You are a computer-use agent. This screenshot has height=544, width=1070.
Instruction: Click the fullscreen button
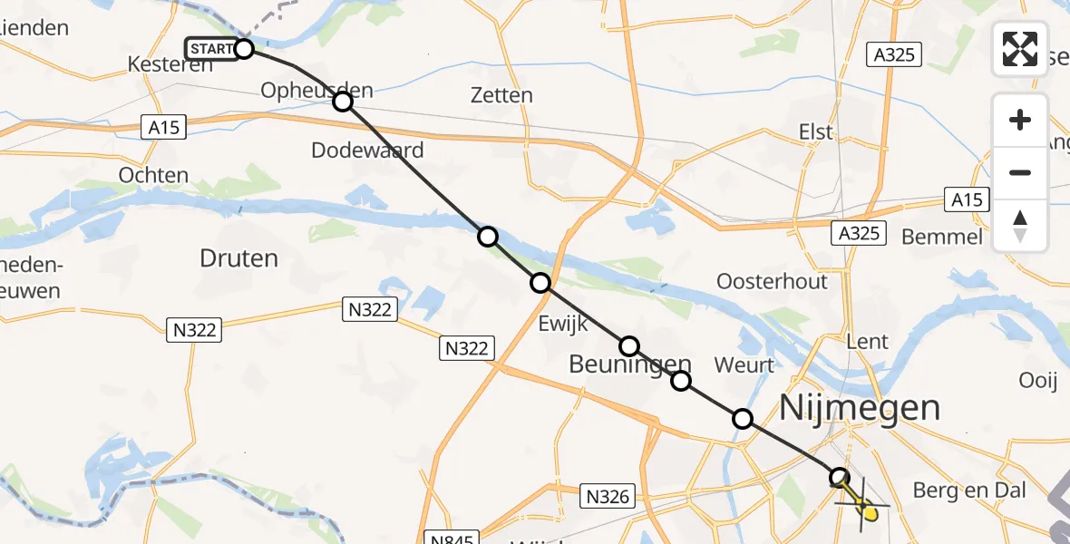pos(1020,48)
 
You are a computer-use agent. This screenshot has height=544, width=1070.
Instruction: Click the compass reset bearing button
pos(1020,226)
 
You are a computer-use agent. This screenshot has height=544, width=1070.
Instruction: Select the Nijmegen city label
pos(860,407)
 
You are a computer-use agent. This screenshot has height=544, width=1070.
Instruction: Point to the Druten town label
pos(238,258)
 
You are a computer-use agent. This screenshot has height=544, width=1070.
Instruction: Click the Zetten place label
pos(502,95)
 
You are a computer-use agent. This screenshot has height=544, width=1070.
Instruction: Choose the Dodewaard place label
pos(367,150)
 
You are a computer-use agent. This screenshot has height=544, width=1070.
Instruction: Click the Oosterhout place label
pos(772,281)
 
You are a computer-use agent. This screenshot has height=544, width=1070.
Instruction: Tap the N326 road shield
pos(607,496)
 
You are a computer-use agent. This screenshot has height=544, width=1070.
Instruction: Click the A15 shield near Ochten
pos(164,128)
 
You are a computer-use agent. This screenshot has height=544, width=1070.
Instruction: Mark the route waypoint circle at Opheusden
pos(342,102)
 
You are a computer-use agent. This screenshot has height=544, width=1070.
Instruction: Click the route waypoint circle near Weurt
pos(743,419)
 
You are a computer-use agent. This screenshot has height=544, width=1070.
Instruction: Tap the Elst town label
pos(815,131)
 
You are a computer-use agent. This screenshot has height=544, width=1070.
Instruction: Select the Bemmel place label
pos(942,237)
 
